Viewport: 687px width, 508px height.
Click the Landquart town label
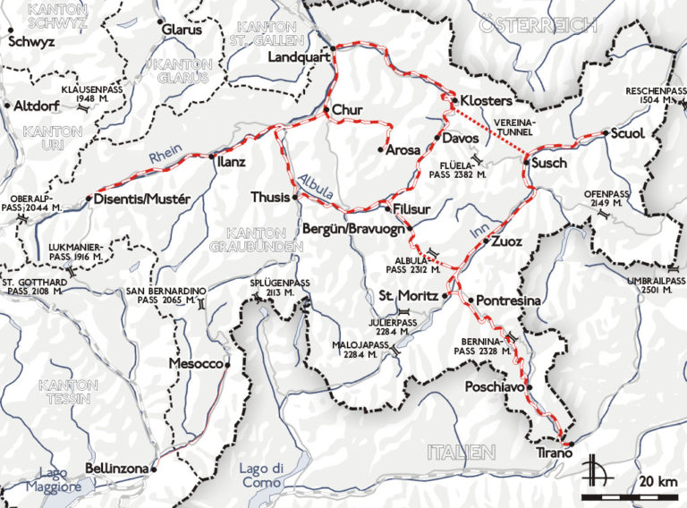(x=299, y=57)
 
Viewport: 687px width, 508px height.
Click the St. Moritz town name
(x=407, y=295)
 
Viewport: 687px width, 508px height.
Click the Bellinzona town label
(x=117, y=468)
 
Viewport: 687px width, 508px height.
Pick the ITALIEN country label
(x=461, y=450)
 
